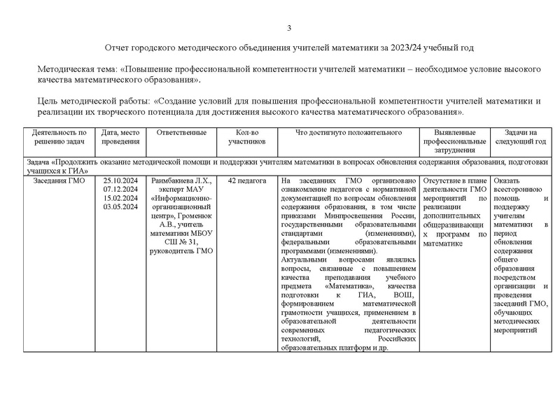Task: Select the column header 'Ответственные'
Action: pyautogui.click(x=181, y=132)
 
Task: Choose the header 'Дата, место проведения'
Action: pyautogui.click(x=120, y=136)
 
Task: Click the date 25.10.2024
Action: pyautogui.click(x=120, y=181)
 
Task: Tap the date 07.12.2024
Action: pyautogui.click(x=120, y=189)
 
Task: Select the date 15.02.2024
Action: pyautogui.click(x=120, y=198)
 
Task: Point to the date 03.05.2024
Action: pyautogui.click(x=120, y=206)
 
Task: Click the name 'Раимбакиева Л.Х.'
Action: pyautogui.click(x=181, y=181)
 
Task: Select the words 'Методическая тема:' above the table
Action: pyautogui.click(x=76, y=70)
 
